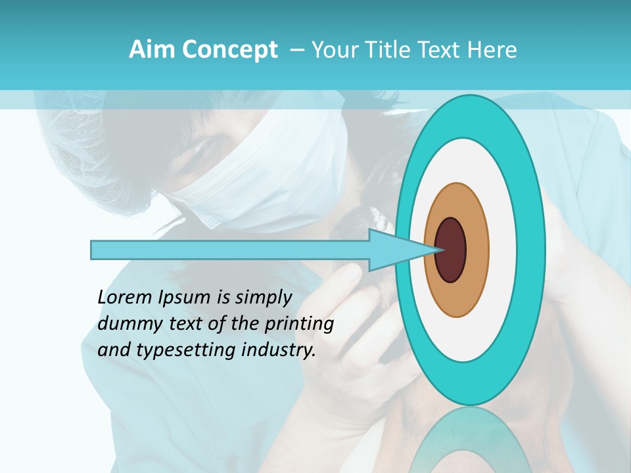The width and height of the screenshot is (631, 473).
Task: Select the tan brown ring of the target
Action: (477, 250)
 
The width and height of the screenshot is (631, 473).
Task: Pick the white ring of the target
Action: (502, 250)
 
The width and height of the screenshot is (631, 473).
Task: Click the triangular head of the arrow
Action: (401, 250)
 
